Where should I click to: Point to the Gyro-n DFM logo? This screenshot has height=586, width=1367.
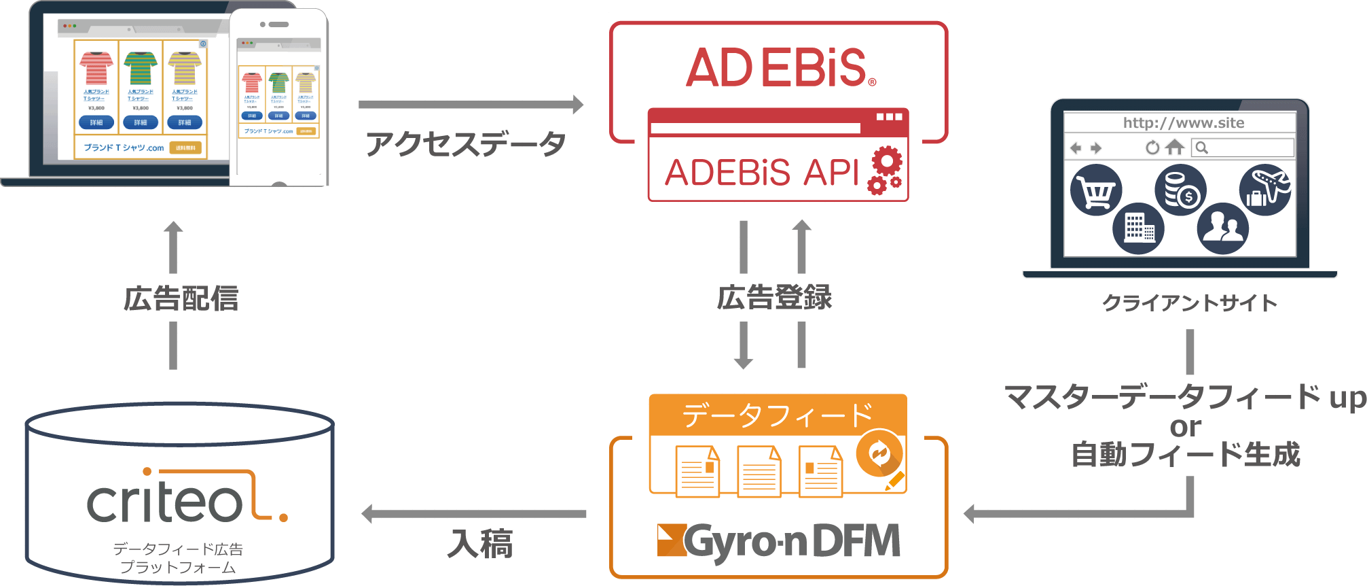tap(779, 542)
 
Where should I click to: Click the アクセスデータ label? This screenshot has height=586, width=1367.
tap(466, 144)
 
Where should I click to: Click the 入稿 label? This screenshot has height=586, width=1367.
tap(479, 544)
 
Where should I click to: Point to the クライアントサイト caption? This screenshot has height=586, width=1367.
tap(1190, 303)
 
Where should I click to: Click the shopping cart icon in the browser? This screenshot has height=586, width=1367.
tap(1096, 190)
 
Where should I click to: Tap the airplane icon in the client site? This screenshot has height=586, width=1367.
tap(1265, 189)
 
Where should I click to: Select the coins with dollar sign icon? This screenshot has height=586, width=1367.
tap(1180, 190)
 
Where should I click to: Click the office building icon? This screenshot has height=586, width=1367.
tap(1138, 228)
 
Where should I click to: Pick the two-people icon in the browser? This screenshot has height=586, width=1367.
tap(1222, 228)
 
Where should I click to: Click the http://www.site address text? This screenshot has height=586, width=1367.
tap(1183, 123)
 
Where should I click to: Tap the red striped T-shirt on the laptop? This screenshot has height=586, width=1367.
tap(96, 68)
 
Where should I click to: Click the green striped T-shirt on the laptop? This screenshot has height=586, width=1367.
tap(141, 68)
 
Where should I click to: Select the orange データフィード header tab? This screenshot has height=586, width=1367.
tap(778, 415)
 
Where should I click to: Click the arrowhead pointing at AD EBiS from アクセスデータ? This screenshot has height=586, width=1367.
tap(577, 105)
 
